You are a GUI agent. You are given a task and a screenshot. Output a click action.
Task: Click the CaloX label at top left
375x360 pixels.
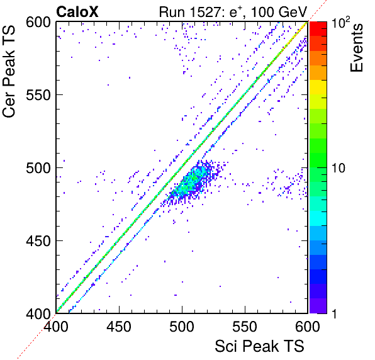[77, 12]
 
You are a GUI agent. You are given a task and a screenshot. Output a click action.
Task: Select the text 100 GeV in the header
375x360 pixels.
[279, 12]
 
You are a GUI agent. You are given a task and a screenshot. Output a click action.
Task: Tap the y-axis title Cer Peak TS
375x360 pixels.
[9, 71]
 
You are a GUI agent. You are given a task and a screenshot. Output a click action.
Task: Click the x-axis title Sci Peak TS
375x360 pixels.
[259, 346]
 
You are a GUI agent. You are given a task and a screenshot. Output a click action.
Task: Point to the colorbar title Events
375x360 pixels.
[356, 48]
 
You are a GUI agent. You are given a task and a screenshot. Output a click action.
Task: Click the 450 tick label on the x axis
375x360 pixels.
[119, 326]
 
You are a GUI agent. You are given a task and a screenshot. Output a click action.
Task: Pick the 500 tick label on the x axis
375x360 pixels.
[182, 326]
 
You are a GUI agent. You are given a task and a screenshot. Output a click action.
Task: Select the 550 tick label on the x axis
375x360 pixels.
[245, 326]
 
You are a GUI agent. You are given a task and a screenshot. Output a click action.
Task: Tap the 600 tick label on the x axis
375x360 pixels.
[307, 326]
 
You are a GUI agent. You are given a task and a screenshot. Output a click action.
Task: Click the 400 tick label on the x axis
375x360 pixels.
[56, 326]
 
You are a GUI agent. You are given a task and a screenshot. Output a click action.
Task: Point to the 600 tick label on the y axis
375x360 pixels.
[38, 23]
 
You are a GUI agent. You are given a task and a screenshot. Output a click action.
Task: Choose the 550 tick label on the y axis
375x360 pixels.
[38, 95]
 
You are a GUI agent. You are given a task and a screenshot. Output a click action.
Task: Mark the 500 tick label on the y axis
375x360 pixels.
[38, 168]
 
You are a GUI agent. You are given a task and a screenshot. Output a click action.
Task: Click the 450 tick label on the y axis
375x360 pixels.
[38, 241]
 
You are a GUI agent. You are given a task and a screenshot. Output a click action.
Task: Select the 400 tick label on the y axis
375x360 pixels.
[38, 313]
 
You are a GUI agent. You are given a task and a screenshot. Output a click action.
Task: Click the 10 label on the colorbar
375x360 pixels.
[339, 168]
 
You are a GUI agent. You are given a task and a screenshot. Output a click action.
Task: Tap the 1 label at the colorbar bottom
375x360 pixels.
[335, 313]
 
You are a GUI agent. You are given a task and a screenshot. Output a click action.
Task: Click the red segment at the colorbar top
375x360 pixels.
[318, 29]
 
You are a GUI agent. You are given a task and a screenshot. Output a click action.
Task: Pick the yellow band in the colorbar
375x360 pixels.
[318, 87]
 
